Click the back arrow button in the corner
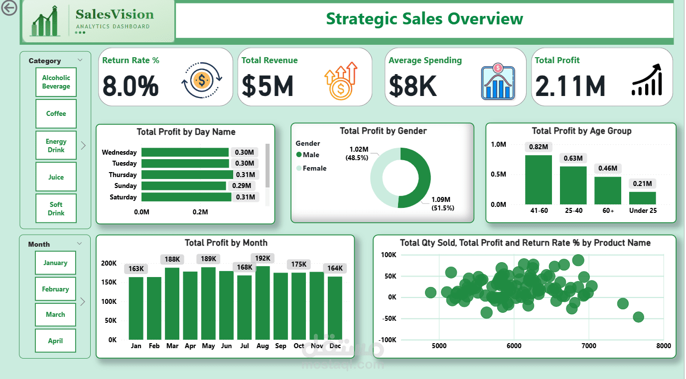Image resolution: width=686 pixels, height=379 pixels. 9,8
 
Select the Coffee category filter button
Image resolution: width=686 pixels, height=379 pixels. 56,113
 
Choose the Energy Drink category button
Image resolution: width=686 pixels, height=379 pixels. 56,145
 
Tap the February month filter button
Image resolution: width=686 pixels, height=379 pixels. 55,289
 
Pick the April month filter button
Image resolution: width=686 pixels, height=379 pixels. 55,341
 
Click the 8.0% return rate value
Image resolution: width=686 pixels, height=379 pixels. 131,86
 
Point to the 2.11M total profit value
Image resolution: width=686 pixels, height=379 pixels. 570,86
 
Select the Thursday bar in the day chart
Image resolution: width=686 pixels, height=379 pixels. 187,175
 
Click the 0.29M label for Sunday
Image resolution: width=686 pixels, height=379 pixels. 242,186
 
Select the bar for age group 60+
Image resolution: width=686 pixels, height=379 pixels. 608,190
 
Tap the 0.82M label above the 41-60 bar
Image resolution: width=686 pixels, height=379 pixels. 538,147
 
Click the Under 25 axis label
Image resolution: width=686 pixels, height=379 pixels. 642,210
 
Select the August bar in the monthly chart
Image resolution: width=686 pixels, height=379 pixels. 263,303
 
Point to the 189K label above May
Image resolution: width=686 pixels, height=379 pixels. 208,259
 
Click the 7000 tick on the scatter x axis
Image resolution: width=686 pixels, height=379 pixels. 588,346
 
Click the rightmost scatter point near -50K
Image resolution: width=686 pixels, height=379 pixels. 638,317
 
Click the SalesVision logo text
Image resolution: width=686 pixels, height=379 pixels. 115,14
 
